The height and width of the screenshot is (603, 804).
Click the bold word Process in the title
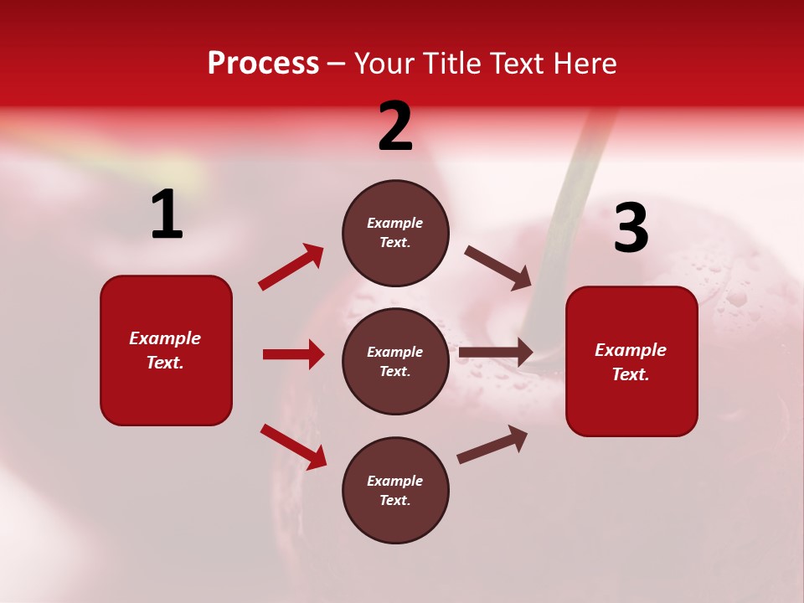[263, 64]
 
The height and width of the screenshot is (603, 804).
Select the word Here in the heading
[584, 64]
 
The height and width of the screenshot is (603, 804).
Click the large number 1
[167, 215]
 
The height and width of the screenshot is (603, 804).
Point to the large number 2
[395, 126]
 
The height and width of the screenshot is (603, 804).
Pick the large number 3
[631, 228]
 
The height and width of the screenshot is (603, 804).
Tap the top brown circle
[395, 233]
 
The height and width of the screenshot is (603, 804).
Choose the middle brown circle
[395, 361]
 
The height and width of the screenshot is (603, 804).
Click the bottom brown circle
[395, 490]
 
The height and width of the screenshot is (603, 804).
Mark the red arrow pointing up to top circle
[291, 266]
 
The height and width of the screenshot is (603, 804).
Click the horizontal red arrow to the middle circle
[293, 354]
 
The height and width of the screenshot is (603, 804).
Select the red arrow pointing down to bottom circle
[293, 446]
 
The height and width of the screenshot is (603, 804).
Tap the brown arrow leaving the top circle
[498, 267]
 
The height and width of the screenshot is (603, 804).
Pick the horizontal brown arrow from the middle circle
[496, 353]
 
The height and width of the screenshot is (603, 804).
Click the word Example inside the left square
[165, 338]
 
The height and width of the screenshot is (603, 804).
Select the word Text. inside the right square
[631, 374]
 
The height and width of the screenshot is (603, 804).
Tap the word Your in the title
[382, 64]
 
